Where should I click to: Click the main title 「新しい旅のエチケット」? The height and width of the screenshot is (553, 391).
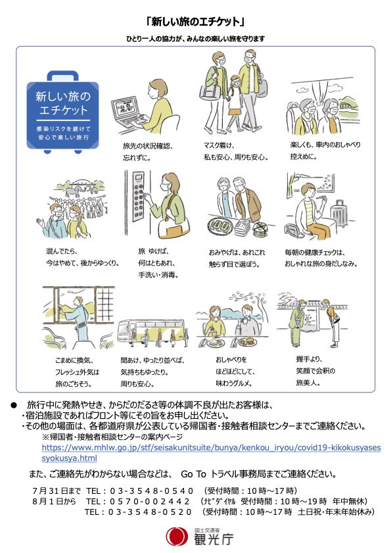195,22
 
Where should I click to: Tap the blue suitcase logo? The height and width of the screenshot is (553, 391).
63,112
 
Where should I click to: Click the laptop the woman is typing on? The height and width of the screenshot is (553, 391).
127,113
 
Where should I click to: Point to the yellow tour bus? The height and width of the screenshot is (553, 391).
152,331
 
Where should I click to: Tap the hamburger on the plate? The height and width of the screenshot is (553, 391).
249,341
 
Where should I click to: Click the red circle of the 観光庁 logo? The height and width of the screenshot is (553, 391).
177,537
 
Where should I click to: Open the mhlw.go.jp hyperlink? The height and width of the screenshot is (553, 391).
211,452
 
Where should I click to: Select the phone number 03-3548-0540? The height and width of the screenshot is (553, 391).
151,491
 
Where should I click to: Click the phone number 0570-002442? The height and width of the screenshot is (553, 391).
150,501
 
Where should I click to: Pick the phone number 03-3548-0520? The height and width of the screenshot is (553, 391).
150,512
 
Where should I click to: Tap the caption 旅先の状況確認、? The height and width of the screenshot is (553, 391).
148,146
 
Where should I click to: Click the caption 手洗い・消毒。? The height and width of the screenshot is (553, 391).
158,275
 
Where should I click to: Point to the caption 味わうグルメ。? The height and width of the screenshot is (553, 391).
234,383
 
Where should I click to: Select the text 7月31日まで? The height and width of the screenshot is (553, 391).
57,491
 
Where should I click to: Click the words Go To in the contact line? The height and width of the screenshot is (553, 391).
193,474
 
